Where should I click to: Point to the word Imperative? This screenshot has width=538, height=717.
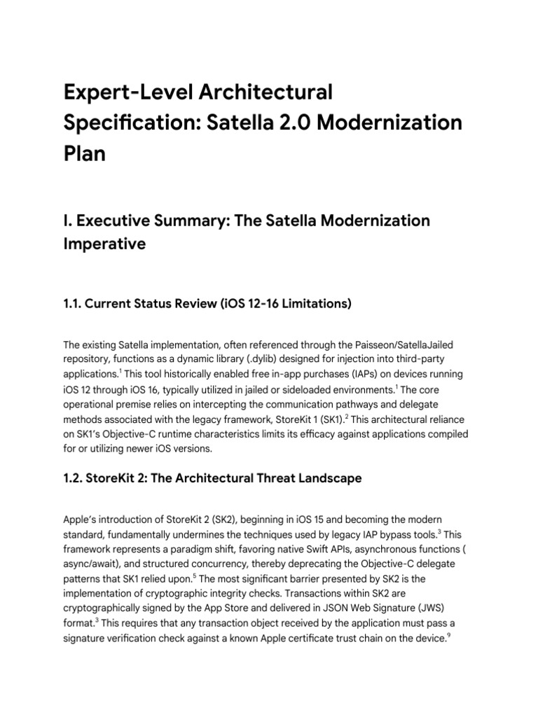click(x=105, y=244)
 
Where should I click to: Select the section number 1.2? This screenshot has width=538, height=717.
click(x=74, y=478)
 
